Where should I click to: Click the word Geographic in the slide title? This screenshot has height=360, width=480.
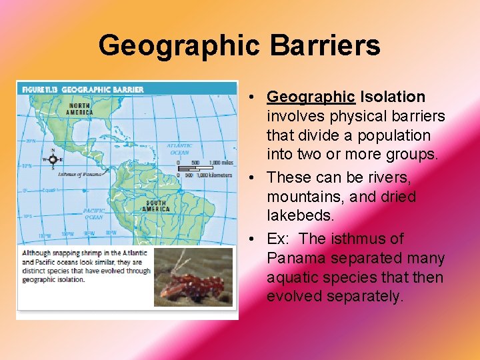(x=179, y=46)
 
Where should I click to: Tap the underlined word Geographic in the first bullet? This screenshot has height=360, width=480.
(x=311, y=97)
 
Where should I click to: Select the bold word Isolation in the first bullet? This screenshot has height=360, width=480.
(x=393, y=97)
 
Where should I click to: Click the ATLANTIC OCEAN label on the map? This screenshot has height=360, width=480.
(x=179, y=149)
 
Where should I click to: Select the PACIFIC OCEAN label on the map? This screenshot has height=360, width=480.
(x=94, y=213)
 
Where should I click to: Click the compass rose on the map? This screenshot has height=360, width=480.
(x=53, y=159)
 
